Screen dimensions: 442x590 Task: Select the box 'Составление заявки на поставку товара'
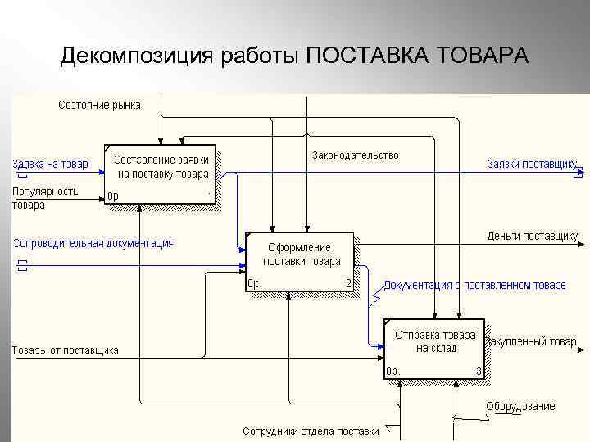pyautogui.click(x=161, y=174)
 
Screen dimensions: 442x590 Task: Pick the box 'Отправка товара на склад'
pyautogui.click(x=435, y=348)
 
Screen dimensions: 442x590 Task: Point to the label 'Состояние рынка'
pyautogui.click(x=99, y=105)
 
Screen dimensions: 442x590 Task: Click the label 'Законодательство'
pyautogui.click(x=355, y=155)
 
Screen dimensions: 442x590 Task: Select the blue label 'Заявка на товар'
pyautogui.click(x=50, y=164)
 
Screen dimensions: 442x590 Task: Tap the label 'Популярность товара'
pyautogui.click(x=45, y=198)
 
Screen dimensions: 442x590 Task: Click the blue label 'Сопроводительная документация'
pyautogui.click(x=93, y=243)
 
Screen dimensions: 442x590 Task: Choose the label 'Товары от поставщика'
pyautogui.click(x=65, y=350)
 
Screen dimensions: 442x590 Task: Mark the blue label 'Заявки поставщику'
pyautogui.click(x=533, y=164)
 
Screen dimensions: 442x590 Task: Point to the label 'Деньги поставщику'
pyautogui.click(x=533, y=236)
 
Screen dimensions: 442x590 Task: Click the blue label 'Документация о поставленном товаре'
pyautogui.click(x=474, y=285)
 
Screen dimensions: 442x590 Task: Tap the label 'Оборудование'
pyautogui.click(x=520, y=406)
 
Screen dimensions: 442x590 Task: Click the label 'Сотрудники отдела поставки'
pyautogui.click(x=311, y=431)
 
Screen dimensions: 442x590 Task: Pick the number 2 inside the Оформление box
pyautogui.click(x=347, y=284)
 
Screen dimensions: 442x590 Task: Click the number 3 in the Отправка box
pyautogui.click(x=479, y=371)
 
